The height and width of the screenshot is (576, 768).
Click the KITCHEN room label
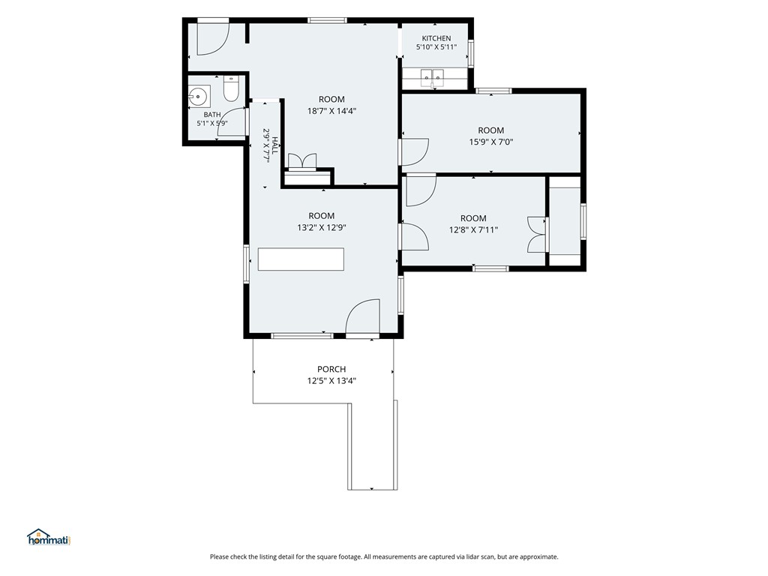(x=436, y=38)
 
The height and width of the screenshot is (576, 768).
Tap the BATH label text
(x=212, y=115)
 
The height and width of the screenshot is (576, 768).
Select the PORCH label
(x=331, y=369)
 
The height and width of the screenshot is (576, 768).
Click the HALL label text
(x=274, y=145)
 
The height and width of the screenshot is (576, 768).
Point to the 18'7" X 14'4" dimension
(x=331, y=111)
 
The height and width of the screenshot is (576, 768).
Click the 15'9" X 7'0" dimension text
(x=490, y=142)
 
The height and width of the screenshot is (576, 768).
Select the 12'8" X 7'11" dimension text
(x=473, y=229)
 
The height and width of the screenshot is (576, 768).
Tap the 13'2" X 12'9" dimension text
(x=321, y=228)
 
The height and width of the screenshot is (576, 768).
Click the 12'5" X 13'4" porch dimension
(x=331, y=381)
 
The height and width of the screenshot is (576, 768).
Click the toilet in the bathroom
(x=231, y=88)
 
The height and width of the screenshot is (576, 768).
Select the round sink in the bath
(x=199, y=96)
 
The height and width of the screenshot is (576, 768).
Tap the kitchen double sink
(x=432, y=77)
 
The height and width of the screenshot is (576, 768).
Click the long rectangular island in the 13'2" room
(x=301, y=259)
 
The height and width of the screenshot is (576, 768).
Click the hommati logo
(x=49, y=537)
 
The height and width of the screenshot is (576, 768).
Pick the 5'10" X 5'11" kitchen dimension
(x=436, y=47)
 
